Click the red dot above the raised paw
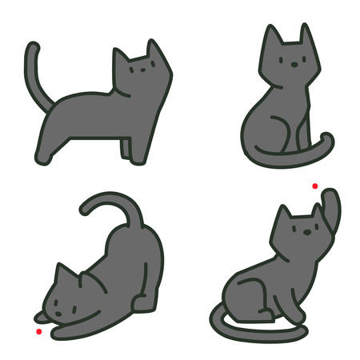[315, 186]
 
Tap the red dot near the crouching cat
[38, 331]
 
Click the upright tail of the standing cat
[34, 68]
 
